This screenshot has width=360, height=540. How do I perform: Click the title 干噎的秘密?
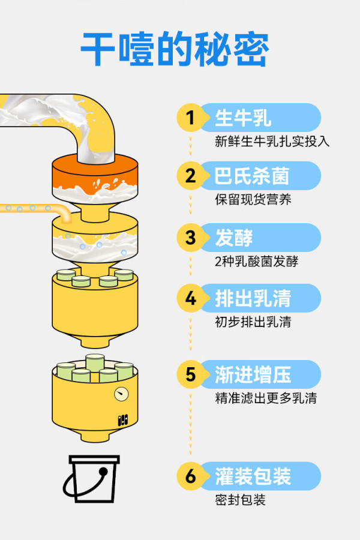click(x=175, y=49)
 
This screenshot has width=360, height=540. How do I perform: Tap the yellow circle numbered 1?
click(x=190, y=118)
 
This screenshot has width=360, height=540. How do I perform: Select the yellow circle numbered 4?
click(x=190, y=298)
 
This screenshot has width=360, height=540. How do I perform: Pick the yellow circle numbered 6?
click(x=190, y=476)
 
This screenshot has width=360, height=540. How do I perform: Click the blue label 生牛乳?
click(x=243, y=118)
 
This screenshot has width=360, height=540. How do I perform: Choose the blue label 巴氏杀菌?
click(x=252, y=176)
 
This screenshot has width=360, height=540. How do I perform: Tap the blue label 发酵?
click(x=234, y=237)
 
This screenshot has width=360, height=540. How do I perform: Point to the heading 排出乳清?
click(x=253, y=298)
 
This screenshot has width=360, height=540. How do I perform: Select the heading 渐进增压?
click(x=253, y=374)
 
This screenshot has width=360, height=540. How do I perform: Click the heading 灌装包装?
click(x=253, y=476)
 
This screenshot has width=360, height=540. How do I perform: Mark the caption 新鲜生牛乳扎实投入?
click(x=272, y=141)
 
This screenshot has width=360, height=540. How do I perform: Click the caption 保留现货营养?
click(x=253, y=199)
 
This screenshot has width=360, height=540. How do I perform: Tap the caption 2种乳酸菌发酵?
click(x=257, y=262)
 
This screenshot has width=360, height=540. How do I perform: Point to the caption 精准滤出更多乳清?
click(x=266, y=398)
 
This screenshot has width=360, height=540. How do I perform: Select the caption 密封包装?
click(x=241, y=500)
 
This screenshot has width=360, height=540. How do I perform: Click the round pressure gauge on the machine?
click(x=121, y=394)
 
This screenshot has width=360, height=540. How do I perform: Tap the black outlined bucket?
click(x=93, y=479)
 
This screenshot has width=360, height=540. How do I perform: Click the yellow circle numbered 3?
click(x=190, y=237)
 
